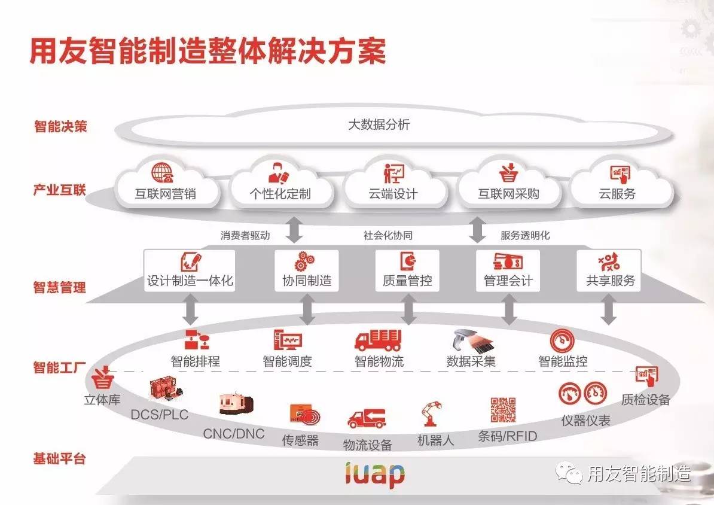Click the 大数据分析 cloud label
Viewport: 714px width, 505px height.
pos(379,125)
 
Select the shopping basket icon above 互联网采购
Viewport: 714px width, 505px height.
pos(508,172)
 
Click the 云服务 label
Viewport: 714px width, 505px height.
pos(617,194)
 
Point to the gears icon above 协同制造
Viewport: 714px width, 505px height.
pos(305,261)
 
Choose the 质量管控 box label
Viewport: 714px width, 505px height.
pos(407,281)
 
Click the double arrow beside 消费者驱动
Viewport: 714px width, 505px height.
pos(294,230)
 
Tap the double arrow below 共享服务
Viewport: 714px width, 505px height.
pos(609,311)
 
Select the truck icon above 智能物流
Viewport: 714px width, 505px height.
pos(378,340)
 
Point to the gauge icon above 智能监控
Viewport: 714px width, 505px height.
pos(562,340)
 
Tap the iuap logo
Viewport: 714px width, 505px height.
pos(375,474)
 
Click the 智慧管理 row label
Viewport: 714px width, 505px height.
pos(59,287)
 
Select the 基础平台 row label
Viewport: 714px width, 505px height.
pos(59,459)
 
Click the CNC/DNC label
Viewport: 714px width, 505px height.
pos(233,434)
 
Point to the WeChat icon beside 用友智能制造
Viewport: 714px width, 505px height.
pos(569,473)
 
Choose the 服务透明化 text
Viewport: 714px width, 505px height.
pos(524,235)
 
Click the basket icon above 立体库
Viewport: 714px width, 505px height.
pos(103,378)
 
